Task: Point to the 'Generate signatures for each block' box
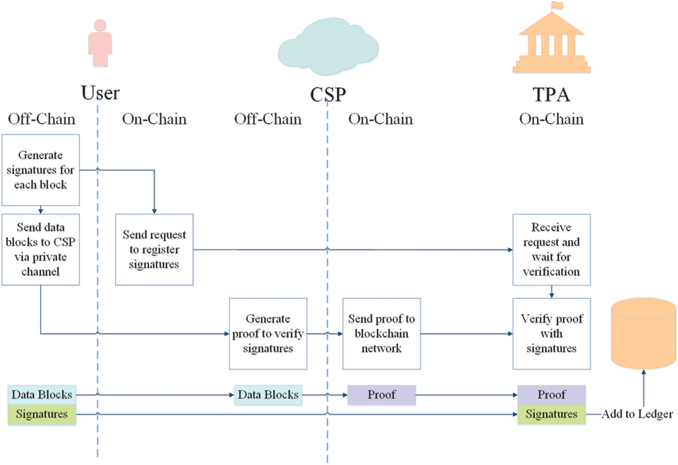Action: pos(41,170)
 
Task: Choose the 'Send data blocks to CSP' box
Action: pos(41,249)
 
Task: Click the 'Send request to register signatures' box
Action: pos(154,249)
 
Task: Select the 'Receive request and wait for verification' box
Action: pos(552,249)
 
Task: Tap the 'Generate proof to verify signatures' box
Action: pos(268,333)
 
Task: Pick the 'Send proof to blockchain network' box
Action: pos(381,333)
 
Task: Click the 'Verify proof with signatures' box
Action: pos(552,333)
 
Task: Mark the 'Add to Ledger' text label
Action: pos(637,414)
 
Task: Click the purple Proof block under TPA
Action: pos(552,395)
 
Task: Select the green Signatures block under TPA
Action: pos(552,414)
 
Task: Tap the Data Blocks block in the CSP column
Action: pos(268,395)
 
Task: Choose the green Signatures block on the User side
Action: pos(42,414)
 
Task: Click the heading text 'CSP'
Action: pos(328,95)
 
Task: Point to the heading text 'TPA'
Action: pos(552,95)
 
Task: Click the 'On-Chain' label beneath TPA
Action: pos(552,119)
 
